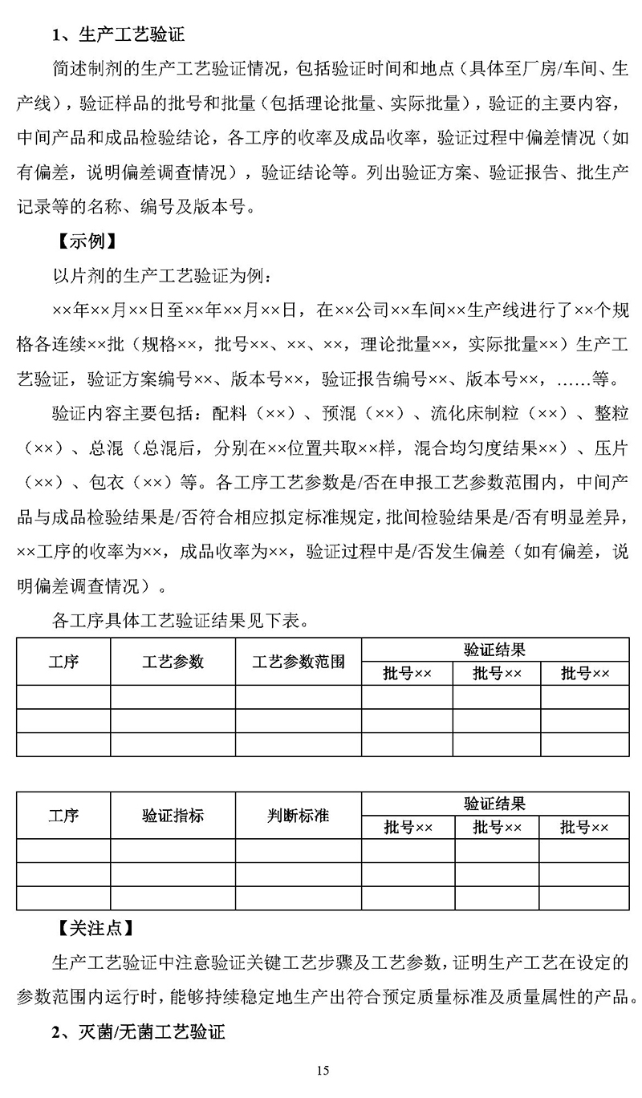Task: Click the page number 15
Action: pyautogui.click(x=323, y=1070)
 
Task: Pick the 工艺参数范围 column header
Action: pyautogui.click(x=299, y=662)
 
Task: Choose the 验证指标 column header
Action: pyautogui.click(x=173, y=816)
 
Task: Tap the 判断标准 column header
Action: pyautogui.click(x=299, y=816)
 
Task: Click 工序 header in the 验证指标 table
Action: pyautogui.click(x=63, y=816)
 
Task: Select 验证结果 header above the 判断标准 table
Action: pyautogui.click(x=494, y=804)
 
